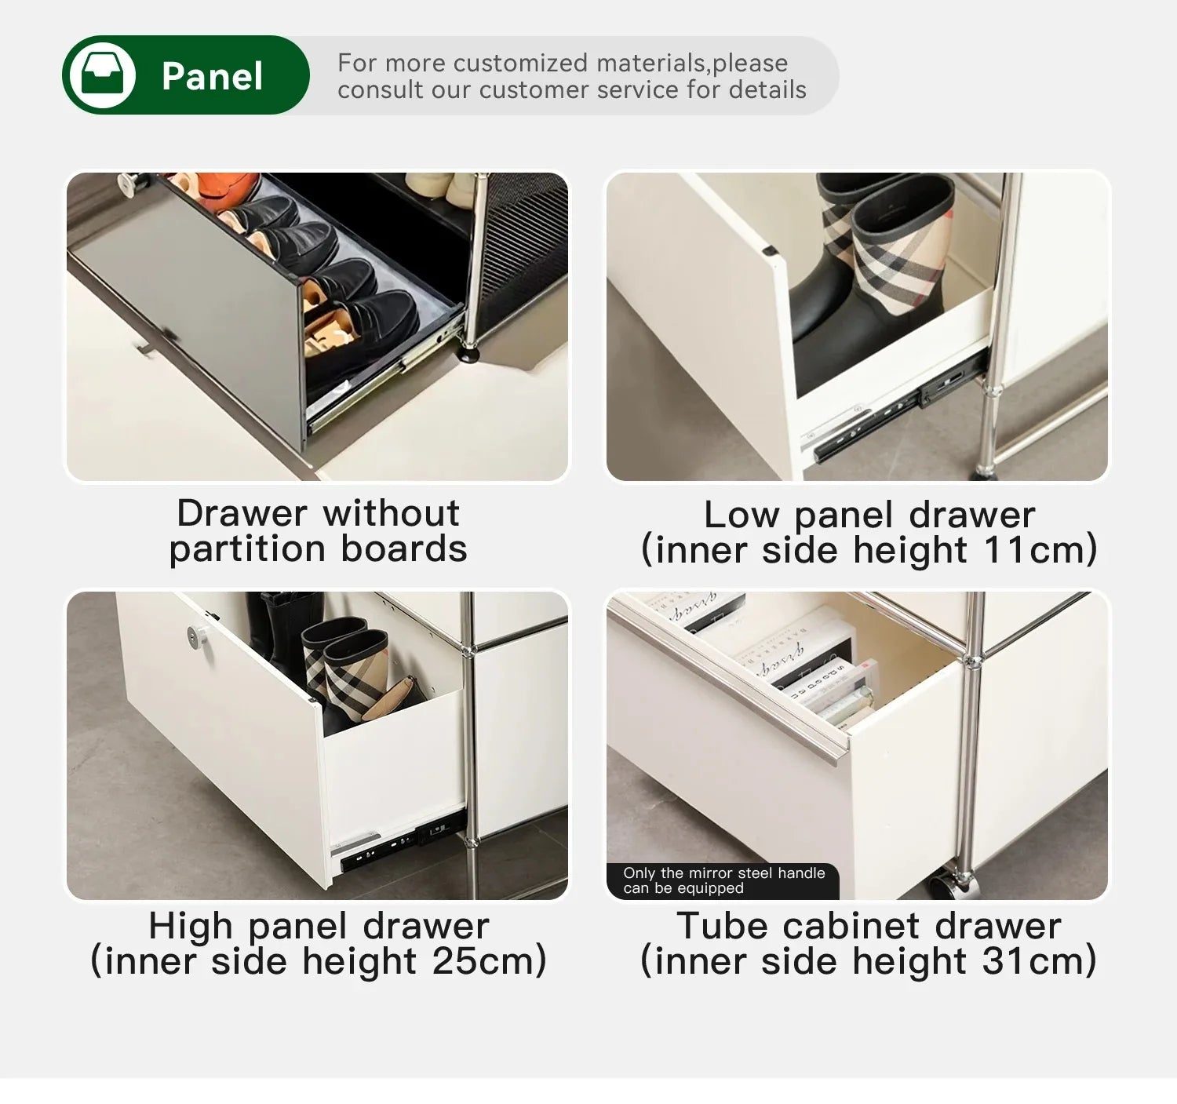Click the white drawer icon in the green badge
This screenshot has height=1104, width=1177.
(x=102, y=75)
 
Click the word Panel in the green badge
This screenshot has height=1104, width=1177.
(x=212, y=76)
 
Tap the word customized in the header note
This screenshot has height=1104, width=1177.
(x=519, y=63)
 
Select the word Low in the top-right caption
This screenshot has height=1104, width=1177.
(x=741, y=516)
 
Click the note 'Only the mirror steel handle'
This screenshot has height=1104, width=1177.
(x=723, y=873)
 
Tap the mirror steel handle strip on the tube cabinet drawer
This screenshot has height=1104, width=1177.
(x=730, y=683)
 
